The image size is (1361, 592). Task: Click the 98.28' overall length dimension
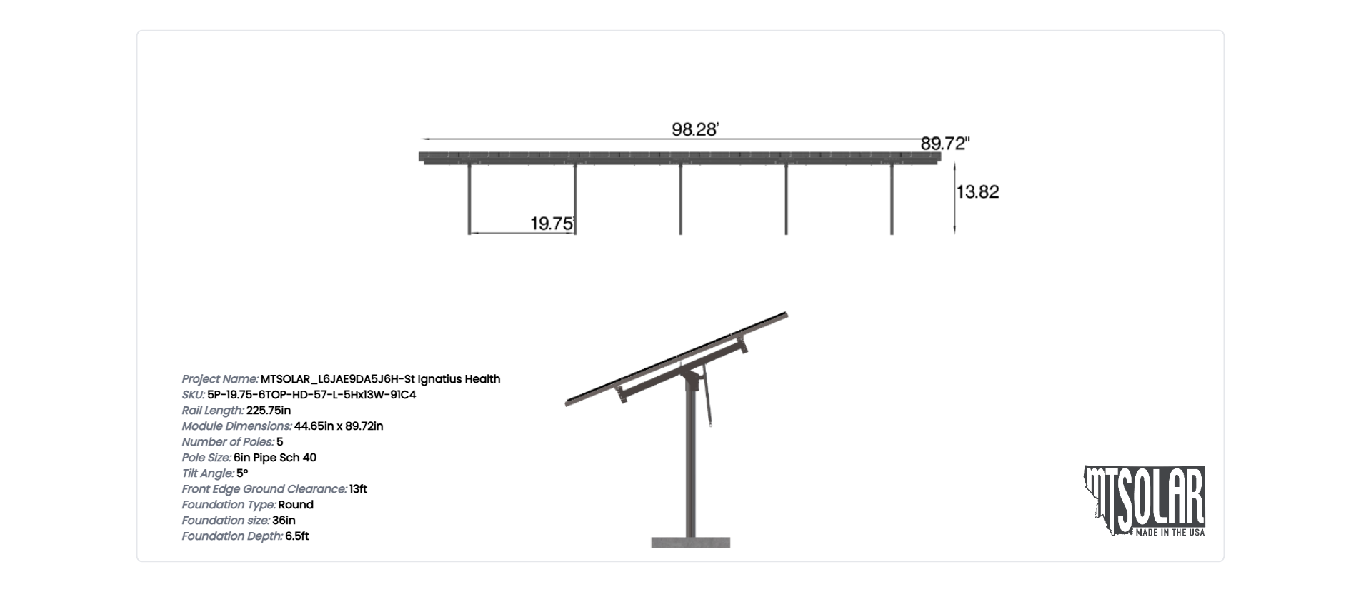(694, 130)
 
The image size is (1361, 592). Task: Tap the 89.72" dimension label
(944, 144)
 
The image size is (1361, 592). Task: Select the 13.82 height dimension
(977, 191)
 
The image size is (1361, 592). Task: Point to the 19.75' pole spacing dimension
(552, 224)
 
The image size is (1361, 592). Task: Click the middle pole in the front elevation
(680, 199)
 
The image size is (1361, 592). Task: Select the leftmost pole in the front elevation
(469, 199)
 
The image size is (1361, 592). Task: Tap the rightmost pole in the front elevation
(892, 199)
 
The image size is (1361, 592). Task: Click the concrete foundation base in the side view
(690, 543)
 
